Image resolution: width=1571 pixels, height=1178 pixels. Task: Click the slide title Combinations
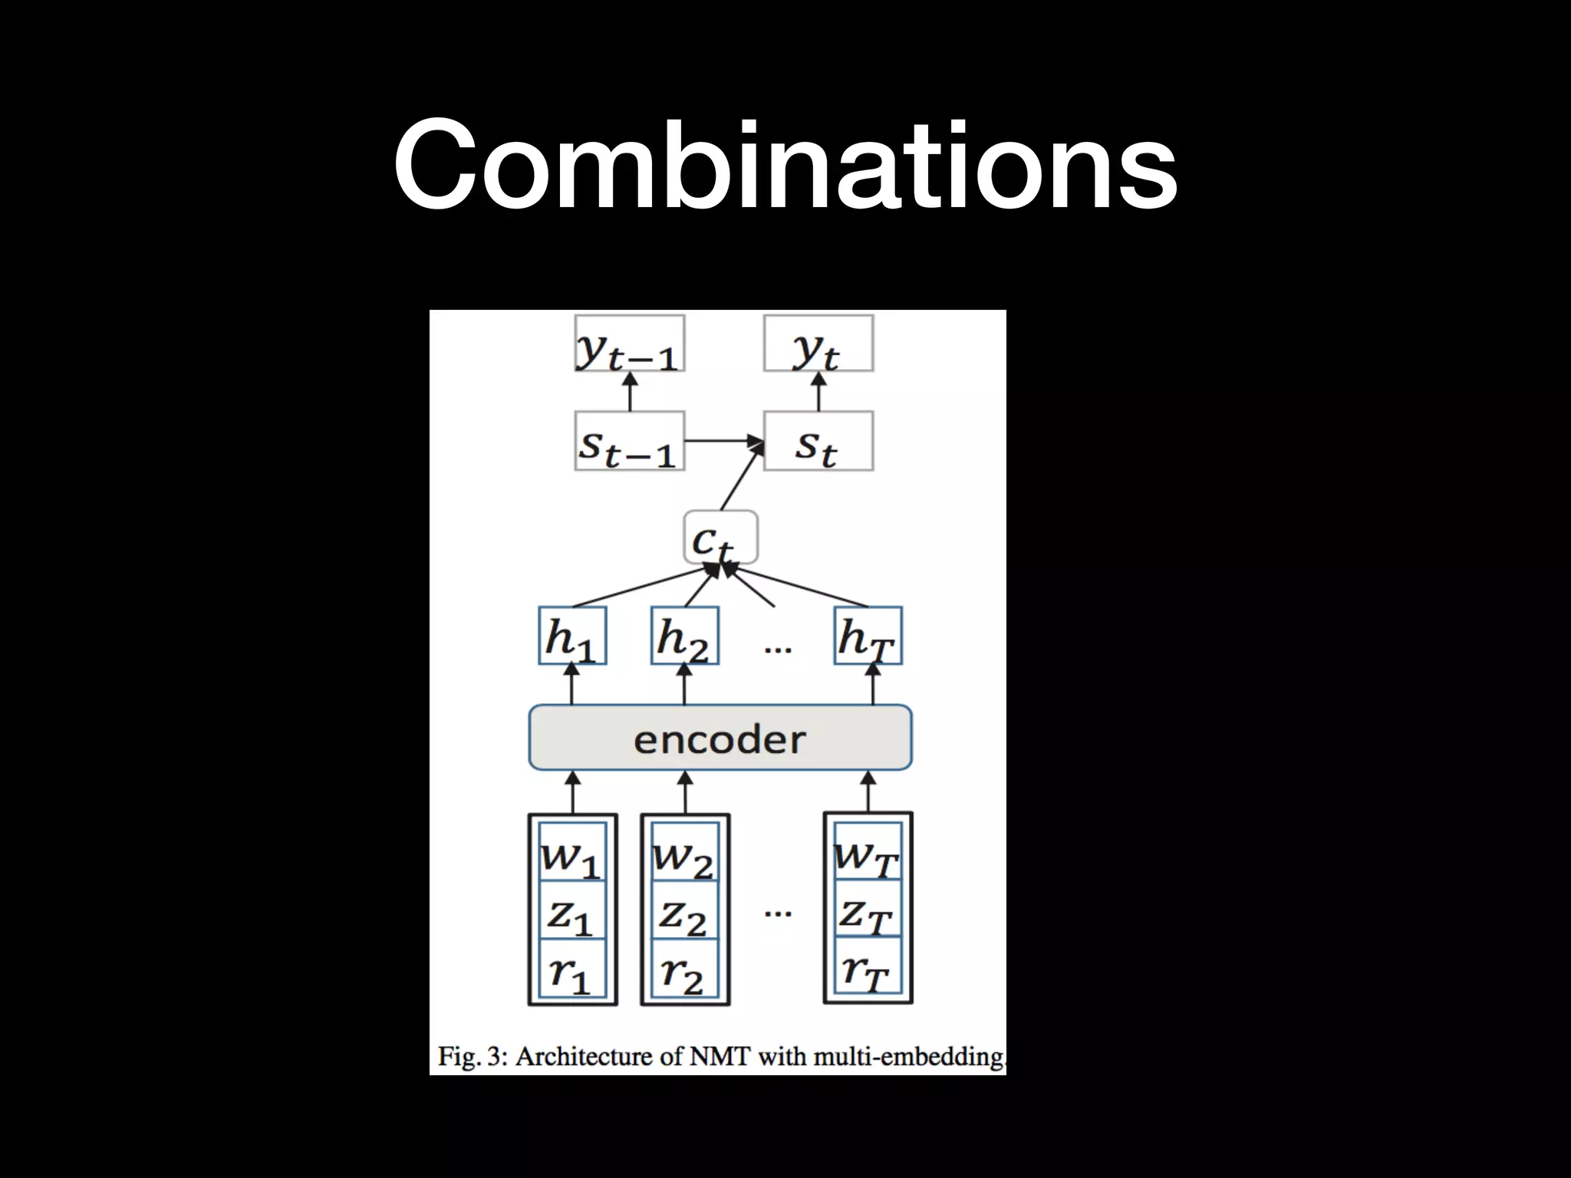(785, 165)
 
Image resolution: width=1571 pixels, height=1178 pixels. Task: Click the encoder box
(720, 738)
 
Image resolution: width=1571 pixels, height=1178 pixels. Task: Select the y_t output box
(818, 344)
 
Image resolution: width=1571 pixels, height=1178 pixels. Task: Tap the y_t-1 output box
(629, 344)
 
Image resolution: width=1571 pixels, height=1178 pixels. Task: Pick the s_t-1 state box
(629, 441)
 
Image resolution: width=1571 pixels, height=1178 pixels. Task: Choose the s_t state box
(818, 441)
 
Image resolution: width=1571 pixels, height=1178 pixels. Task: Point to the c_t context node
(720, 537)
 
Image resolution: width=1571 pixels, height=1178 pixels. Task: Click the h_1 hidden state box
(572, 636)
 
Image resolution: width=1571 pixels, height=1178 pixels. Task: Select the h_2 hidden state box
(684, 636)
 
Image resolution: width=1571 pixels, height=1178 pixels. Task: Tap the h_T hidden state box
(868, 636)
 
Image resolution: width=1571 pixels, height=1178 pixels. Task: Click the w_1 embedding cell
(572, 853)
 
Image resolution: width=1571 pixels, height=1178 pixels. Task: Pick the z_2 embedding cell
(684, 911)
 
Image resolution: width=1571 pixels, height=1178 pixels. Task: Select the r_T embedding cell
(868, 968)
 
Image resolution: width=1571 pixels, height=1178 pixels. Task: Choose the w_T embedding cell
(868, 853)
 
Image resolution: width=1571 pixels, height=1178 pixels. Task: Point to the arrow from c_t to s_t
(742, 477)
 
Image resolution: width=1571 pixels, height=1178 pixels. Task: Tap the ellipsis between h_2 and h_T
(778, 649)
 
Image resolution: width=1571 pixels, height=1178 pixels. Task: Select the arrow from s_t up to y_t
(818, 391)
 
